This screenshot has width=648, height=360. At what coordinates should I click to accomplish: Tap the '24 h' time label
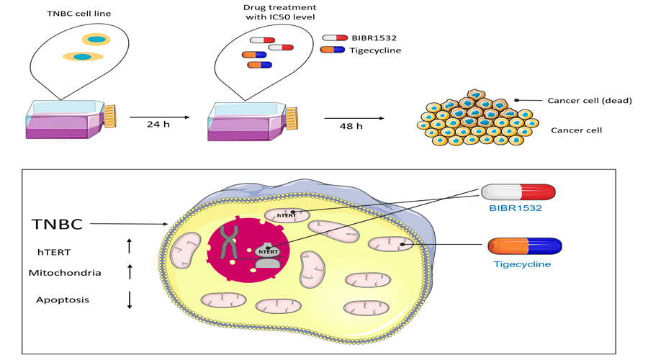click(x=158, y=124)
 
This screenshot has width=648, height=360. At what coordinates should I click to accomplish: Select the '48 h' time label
click(x=351, y=126)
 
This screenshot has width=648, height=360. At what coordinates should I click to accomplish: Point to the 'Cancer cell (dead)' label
click(x=589, y=101)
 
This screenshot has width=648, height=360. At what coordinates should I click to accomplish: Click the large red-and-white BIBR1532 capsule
click(x=518, y=192)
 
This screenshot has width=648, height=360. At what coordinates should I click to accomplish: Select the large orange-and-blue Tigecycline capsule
click(x=523, y=246)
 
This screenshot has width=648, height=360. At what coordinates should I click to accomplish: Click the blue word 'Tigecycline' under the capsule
click(x=523, y=264)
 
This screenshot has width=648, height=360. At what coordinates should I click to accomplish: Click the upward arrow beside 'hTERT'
click(x=130, y=247)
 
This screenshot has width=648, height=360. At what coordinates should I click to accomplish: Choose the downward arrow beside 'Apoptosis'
click(x=130, y=299)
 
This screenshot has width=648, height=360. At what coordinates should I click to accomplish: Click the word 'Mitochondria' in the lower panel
click(x=65, y=273)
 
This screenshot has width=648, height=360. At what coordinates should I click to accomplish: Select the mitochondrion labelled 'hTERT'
click(x=287, y=214)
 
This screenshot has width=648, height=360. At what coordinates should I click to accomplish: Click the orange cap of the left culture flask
click(x=110, y=115)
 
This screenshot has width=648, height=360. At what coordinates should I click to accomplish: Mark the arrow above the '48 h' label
click(x=352, y=117)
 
